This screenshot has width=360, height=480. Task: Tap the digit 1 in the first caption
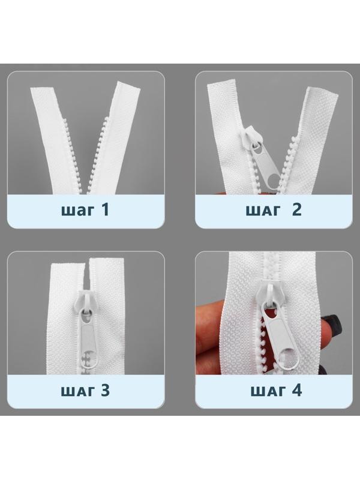pos(105,209)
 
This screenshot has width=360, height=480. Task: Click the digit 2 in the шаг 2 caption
pos(296,209)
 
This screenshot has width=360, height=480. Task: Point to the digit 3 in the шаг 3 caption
pos(105,390)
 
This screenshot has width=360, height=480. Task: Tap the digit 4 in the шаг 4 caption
pos(296,390)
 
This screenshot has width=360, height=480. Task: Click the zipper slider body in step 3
pos(85,300)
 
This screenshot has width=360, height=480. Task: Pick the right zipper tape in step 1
pos(114,138)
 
